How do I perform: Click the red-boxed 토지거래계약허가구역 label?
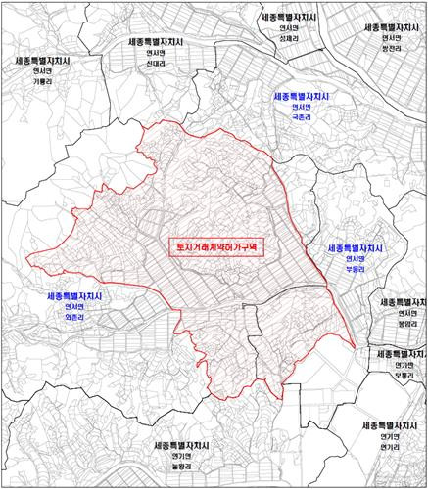[217, 248]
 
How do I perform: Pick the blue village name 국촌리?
[300, 114]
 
